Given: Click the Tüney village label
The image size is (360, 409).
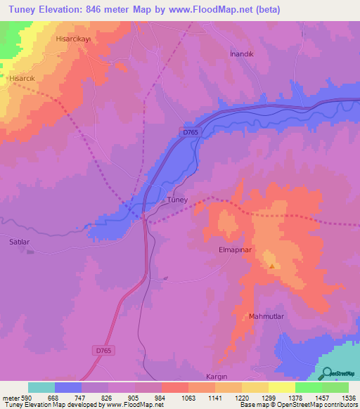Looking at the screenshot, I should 176,200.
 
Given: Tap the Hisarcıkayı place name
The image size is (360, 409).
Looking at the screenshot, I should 75,40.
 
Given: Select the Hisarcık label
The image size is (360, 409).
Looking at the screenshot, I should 21,79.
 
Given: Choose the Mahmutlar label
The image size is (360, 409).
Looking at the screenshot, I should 266,317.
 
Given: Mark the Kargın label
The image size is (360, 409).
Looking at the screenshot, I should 218,377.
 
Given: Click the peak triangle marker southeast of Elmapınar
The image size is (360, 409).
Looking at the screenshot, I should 272,266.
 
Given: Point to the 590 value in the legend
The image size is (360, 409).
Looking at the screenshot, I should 21,397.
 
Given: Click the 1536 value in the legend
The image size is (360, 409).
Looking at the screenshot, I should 347,397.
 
